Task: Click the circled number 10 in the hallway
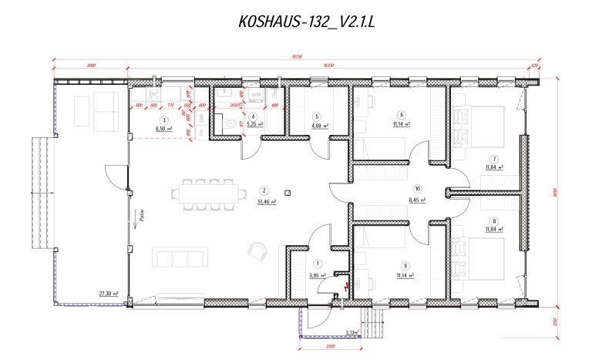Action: (x=417, y=188)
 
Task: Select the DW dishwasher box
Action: (x=201, y=118)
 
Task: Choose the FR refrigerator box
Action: (x=201, y=133)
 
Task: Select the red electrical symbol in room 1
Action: (x=347, y=287)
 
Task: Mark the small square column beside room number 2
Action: (x=287, y=193)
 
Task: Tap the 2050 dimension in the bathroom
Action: (x=224, y=106)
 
